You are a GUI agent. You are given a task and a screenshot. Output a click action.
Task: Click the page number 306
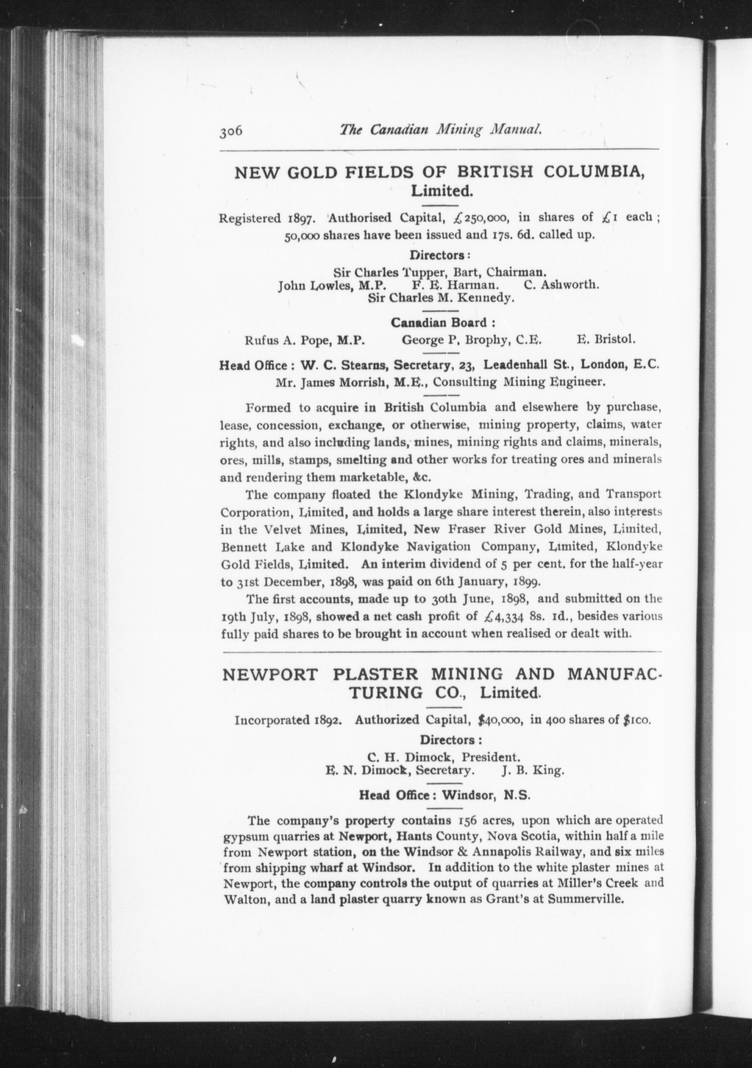pos(231,132)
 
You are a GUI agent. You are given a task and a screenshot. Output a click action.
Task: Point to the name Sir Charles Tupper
pos(391,272)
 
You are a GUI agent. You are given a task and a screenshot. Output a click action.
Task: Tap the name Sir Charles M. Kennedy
pos(441,298)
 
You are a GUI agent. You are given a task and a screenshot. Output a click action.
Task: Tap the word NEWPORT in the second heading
pos(271,674)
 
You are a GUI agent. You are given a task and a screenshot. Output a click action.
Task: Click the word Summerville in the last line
pos(585,899)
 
